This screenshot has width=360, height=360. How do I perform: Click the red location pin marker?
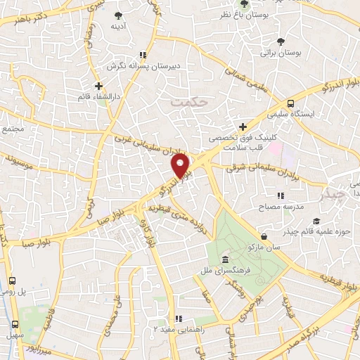(x=181, y=165)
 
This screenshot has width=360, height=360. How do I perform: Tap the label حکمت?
(x=190, y=103)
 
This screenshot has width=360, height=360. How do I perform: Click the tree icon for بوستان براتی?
(x=281, y=41)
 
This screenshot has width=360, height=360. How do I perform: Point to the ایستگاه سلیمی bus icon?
(x=291, y=102)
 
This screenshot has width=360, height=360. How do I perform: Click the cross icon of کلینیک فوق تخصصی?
(x=243, y=127)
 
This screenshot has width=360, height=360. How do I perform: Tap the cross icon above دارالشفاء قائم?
(x=98, y=86)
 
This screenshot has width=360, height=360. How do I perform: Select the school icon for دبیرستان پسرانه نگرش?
(x=143, y=54)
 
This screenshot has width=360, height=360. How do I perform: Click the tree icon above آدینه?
(x=117, y=15)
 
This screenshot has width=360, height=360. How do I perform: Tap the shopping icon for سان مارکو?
(x=263, y=236)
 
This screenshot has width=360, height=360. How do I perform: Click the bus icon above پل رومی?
(x=12, y=280)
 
